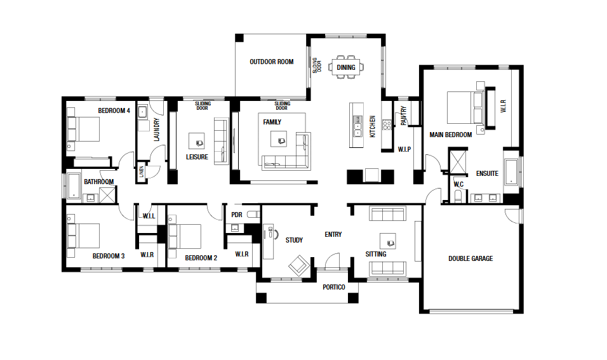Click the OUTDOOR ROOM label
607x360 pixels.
(271, 62)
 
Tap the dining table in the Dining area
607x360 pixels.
(346, 67)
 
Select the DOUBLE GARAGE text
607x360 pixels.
(470, 258)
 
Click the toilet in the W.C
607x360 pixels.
(458, 196)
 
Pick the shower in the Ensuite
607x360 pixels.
(458, 161)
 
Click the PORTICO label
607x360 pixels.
(334, 287)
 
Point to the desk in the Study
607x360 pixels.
(269, 241)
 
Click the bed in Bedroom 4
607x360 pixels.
(83, 129)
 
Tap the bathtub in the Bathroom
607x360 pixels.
(74, 186)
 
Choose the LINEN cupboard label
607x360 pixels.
(142, 171)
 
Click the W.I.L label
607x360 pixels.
(149, 216)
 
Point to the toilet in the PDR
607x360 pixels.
(253, 215)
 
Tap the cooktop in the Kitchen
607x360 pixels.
(386, 124)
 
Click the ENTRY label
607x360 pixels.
(333, 234)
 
